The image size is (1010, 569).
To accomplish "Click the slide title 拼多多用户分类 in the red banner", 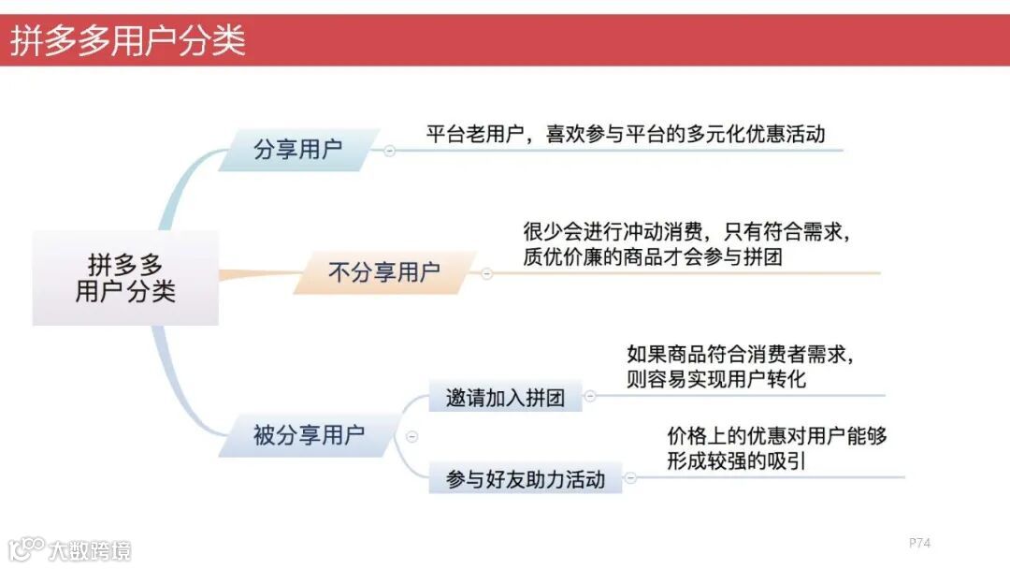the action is click(128, 41).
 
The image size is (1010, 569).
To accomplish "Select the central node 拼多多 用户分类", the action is click(125, 277).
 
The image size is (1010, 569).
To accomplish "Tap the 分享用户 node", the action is click(298, 150).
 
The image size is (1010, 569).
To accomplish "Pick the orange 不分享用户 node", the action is click(384, 272).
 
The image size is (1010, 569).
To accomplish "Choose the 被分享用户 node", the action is click(309, 435).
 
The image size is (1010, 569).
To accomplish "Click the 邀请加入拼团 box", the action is click(505, 397).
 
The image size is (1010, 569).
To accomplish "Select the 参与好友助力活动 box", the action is click(526, 480).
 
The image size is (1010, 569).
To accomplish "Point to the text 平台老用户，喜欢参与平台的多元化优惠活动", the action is click(626, 133).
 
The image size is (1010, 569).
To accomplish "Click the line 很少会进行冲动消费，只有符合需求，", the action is click(685, 231).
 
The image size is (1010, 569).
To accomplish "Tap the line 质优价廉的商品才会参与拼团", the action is click(652, 255).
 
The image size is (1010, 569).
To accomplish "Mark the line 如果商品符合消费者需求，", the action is click(740, 355).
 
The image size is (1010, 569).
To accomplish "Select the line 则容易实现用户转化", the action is click(715, 379).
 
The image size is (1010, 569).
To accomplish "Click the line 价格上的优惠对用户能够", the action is click(776, 435).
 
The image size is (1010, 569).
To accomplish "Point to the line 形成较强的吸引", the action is click(736, 460).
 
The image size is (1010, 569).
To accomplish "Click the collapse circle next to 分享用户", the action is click(389, 151).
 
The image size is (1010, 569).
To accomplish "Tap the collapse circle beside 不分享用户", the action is click(486, 273).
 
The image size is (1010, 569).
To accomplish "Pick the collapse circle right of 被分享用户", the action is click(411, 436).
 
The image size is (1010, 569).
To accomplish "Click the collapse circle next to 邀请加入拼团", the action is click(590, 397).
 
